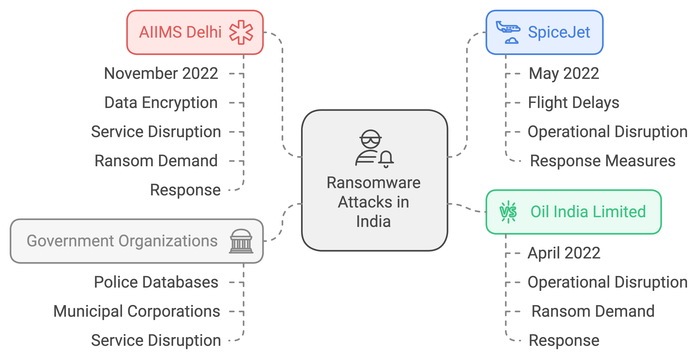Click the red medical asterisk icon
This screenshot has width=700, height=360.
241,32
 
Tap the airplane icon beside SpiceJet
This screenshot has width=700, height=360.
508,32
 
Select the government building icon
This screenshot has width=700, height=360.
241,241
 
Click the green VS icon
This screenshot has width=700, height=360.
508,212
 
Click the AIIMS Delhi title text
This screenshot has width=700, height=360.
180,32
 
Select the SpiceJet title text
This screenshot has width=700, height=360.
559,32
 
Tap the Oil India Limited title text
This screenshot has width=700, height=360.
588,212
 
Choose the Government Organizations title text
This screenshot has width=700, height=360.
122,241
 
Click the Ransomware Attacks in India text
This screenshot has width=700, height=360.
374,202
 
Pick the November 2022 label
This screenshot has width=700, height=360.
161,73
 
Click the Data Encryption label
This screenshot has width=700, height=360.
161,103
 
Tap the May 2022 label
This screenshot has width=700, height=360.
564,73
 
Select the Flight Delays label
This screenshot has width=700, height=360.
573,103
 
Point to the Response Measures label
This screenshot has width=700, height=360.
602,161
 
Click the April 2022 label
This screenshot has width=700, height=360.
564,253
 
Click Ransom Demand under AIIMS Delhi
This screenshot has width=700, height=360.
156,161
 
